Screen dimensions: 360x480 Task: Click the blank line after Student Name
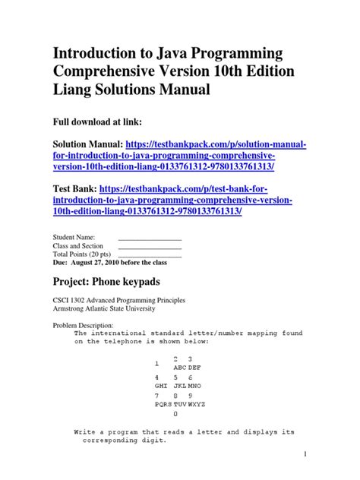click(x=150, y=238)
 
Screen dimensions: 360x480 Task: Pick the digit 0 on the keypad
click(x=176, y=415)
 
